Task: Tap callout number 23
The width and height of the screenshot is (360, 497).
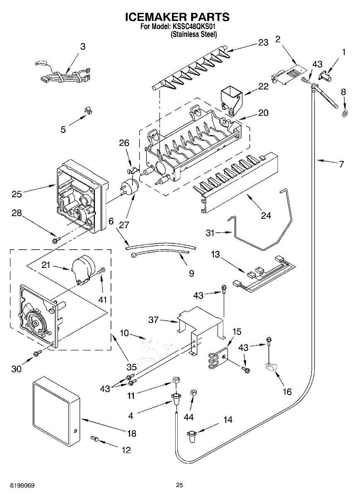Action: pos(263,42)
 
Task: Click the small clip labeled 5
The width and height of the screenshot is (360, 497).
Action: pos(87,111)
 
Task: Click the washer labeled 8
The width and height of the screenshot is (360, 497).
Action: pos(345,113)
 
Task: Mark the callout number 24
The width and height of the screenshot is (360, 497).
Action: pos(266,215)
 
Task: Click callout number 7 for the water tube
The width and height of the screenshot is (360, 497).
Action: pos(341,164)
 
